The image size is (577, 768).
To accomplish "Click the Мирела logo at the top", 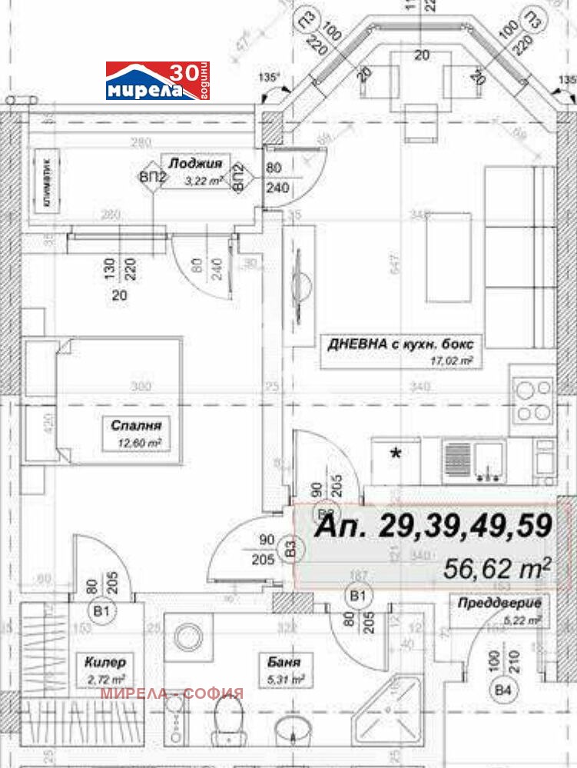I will pos(157,81).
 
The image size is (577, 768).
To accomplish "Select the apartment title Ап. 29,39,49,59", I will pos(434,526).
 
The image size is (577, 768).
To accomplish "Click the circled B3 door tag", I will pos(291,547).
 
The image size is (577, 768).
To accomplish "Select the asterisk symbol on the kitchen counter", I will pos(397,454).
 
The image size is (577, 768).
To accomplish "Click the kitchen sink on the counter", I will pos(484,461).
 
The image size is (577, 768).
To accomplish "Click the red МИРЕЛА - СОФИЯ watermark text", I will pos(172,693).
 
